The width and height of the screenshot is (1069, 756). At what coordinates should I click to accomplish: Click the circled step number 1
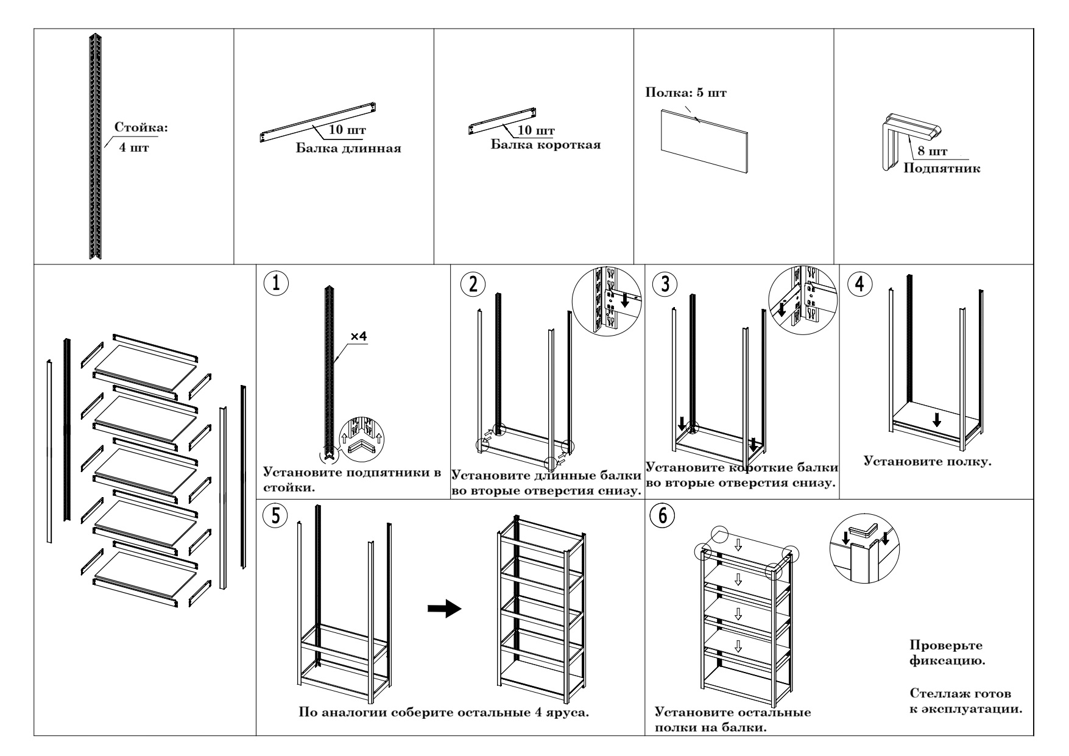tap(275, 284)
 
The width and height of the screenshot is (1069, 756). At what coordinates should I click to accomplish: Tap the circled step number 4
tap(859, 284)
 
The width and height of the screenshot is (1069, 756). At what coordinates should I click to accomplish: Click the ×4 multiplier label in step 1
tap(359, 336)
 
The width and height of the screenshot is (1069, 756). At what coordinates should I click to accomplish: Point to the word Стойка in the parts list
tap(141, 128)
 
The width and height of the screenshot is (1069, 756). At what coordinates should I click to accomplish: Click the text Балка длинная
tap(348, 149)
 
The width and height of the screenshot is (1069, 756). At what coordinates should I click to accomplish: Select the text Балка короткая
tap(545, 145)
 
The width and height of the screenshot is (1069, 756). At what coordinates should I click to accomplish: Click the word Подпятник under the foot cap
tap(942, 168)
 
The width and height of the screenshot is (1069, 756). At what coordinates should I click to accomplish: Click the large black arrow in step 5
tap(443, 609)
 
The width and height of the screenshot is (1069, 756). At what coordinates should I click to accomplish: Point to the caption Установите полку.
tap(928, 461)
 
